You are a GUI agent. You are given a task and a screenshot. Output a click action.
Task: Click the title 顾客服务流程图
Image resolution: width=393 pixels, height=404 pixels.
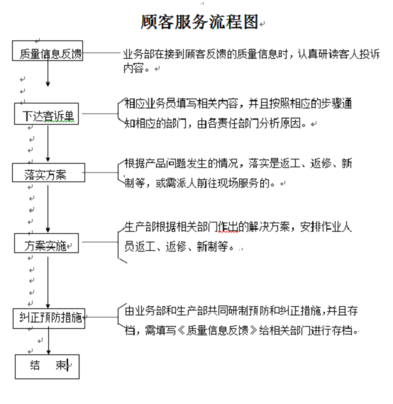pyautogui.click(x=199, y=22)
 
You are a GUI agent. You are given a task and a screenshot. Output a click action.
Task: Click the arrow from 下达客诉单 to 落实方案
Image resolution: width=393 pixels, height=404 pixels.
pyautogui.click(x=48, y=143)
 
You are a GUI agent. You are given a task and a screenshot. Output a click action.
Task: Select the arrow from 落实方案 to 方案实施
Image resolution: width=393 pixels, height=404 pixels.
pyautogui.click(x=48, y=208)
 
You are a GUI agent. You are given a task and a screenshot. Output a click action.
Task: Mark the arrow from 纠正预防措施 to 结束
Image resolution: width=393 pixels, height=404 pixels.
pyautogui.click(x=48, y=342)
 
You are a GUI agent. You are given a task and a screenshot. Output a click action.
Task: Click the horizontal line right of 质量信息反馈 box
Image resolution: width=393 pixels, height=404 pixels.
pyautogui.click(x=102, y=53)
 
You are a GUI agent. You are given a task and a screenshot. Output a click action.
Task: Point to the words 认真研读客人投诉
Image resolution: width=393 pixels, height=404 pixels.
pyautogui.click(x=338, y=54)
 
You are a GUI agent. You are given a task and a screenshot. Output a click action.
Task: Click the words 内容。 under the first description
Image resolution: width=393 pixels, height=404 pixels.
pyautogui.click(x=136, y=68)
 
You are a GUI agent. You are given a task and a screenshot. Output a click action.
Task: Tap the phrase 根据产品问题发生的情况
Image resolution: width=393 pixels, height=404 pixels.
pyautogui.click(x=182, y=163)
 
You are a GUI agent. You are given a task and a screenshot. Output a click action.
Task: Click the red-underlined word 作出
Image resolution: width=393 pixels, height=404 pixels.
pyautogui.click(x=228, y=227)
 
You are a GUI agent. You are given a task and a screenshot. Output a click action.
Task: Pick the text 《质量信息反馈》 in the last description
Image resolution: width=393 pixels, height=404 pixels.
pyautogui.click(x=217, y=330)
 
